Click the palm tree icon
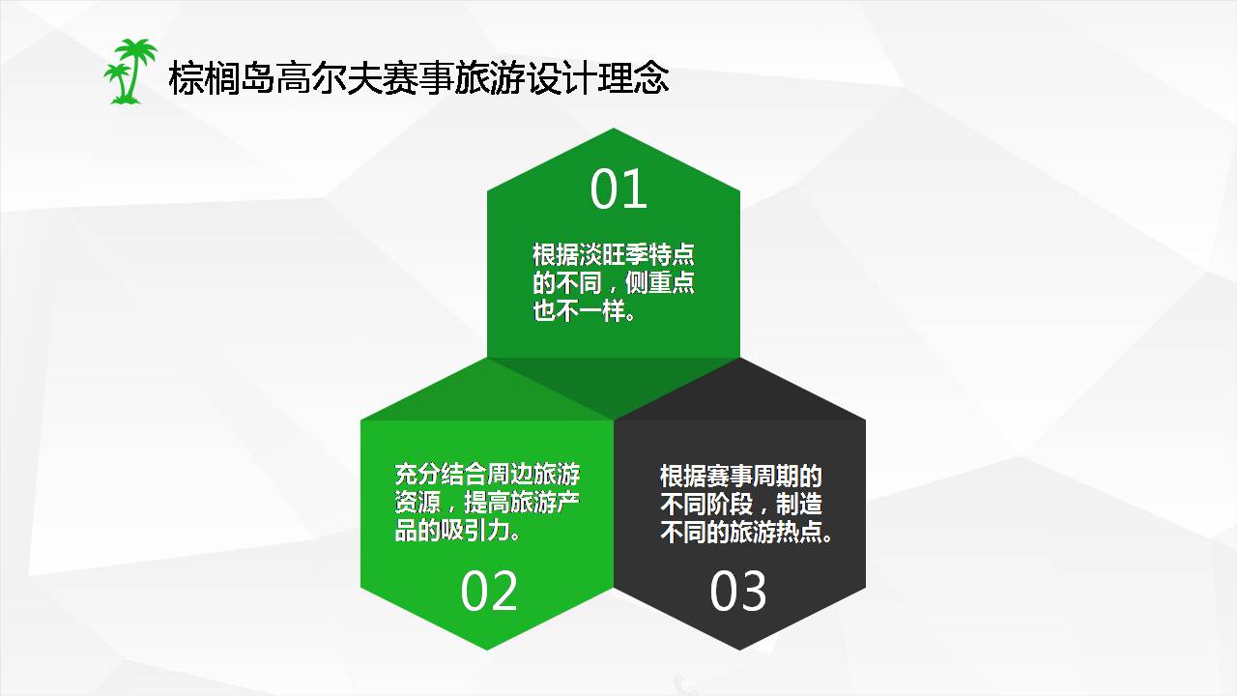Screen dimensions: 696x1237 point(129,72)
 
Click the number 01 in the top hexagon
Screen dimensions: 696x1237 point(618,189)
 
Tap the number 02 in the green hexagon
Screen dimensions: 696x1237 point(489,591)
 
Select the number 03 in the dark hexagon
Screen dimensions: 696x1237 point(738,591)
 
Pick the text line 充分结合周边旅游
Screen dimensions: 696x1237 point(487,475)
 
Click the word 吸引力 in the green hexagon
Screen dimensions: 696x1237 point(486,531)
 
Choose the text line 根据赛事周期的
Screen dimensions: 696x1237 point(741,476)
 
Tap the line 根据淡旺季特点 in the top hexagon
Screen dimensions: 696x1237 point(614,255)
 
